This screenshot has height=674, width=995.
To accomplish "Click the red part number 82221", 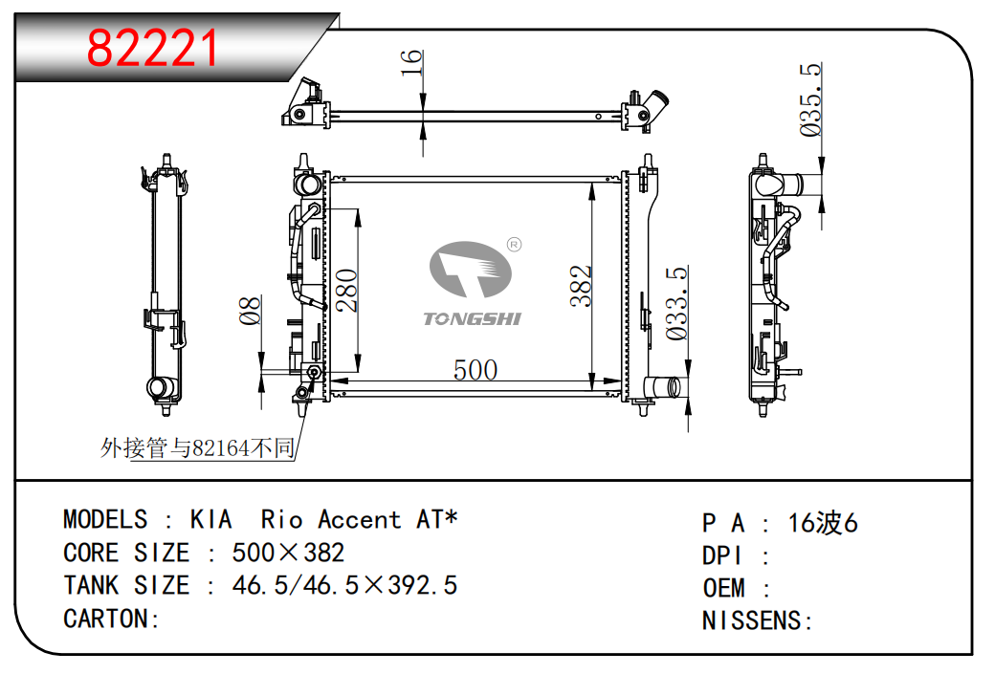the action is (x=152, y=48).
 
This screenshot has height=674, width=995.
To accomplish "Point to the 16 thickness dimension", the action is (x=411, y=63).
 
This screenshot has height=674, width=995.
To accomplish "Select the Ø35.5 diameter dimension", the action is (x=811, y=99).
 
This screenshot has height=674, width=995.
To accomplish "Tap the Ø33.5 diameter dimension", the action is (x=676, y=303).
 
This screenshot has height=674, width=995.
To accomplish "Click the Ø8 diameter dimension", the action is (x=250, y=310).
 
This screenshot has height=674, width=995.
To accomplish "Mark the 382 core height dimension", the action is (x=581, y=287).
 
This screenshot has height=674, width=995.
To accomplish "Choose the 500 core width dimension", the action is (x=475, y=370).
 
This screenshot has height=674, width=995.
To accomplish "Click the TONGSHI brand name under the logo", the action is (x=472, y=319).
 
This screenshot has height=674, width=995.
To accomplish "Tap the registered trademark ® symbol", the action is (x=514, y=245).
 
